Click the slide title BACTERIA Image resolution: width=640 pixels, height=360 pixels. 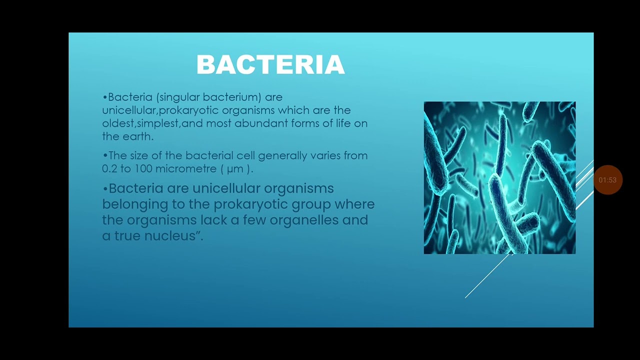click(270, 65)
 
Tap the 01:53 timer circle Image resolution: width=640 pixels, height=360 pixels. click(607, 180)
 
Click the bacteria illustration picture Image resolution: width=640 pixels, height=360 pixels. click(499, 177)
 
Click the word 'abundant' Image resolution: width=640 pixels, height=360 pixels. click(261, 123)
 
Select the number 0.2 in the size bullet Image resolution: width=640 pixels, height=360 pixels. click(109, 168)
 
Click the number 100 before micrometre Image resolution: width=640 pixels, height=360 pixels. click(143, 168)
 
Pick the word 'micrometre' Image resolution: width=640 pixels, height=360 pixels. click(186, 168)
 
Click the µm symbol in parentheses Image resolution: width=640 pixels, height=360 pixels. click(234, 169)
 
